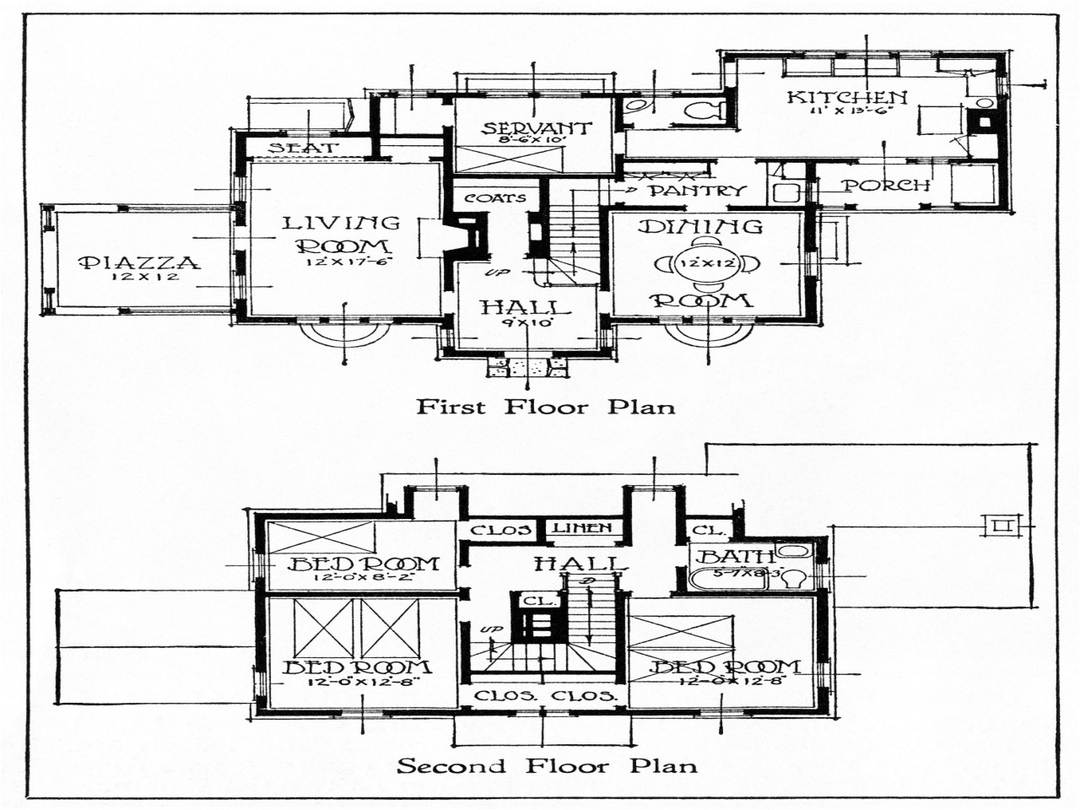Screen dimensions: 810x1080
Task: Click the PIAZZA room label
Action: click(140, 262)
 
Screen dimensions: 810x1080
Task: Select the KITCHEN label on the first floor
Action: click(847, 97)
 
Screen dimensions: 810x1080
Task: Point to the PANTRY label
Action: click(698, 191)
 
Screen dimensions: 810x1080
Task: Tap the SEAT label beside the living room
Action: click(304, 148)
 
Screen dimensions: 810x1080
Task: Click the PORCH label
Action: click(888, 186)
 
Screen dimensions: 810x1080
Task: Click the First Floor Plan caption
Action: click(546, 407)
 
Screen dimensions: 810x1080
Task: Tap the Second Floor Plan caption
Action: click(548, 766)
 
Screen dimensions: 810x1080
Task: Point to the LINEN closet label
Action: click(582, 529)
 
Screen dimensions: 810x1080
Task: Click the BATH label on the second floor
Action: click(737, 556)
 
